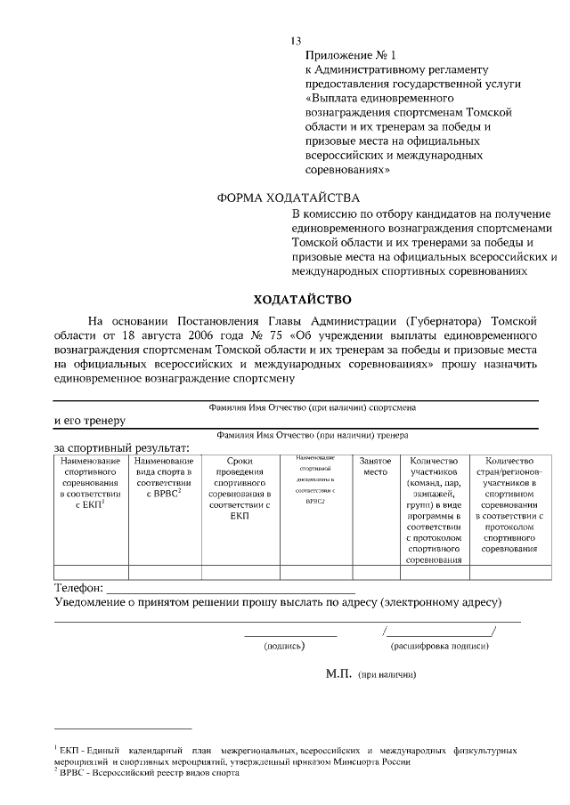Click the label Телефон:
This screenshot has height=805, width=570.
tap(78, 589)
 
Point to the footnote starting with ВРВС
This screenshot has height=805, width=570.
tap(148, 774)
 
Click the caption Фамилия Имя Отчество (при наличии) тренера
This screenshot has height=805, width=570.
tap(311, 436)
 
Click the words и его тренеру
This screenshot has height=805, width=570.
tap(89, 420)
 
